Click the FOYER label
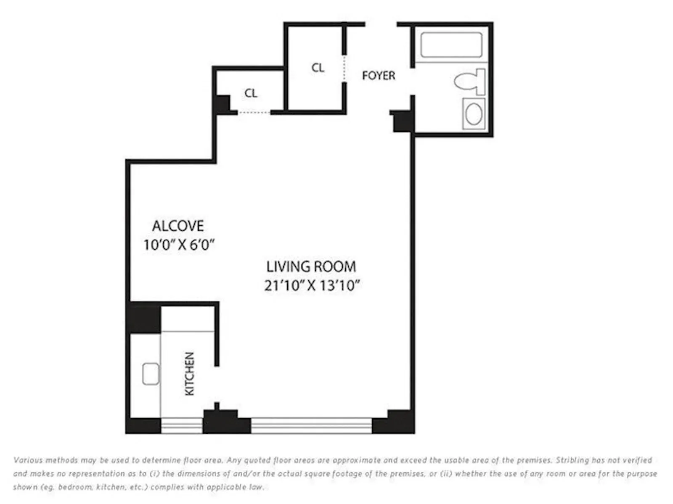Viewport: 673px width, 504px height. (x=379, y=76)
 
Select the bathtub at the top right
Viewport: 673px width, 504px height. (x=451, y=45)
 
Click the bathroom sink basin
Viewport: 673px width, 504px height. (x=474, y=114)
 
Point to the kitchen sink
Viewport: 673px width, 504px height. (x=151, y=374)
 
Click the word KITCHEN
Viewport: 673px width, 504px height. (x=190, y=374)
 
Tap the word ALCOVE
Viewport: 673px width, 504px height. (x=178, y=226)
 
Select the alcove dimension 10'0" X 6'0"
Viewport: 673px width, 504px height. (x=179, y=245)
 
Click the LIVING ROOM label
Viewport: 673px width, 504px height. (x=311, y=267)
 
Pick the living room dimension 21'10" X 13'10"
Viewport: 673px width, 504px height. (x=312, y=286)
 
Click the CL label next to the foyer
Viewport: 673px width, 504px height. (x=318, y=68)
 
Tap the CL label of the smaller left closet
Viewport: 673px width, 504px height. (x=251, y=93)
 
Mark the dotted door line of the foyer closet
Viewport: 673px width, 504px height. (x=344, y=69)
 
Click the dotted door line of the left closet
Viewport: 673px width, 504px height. (x=254, y=112)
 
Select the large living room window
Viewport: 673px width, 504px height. (x=311, y=425)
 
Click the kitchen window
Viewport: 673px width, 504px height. (x=182, y=425)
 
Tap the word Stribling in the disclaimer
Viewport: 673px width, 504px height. (x=572, y=460)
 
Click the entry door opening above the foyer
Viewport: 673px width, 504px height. (x=381, y=24)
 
